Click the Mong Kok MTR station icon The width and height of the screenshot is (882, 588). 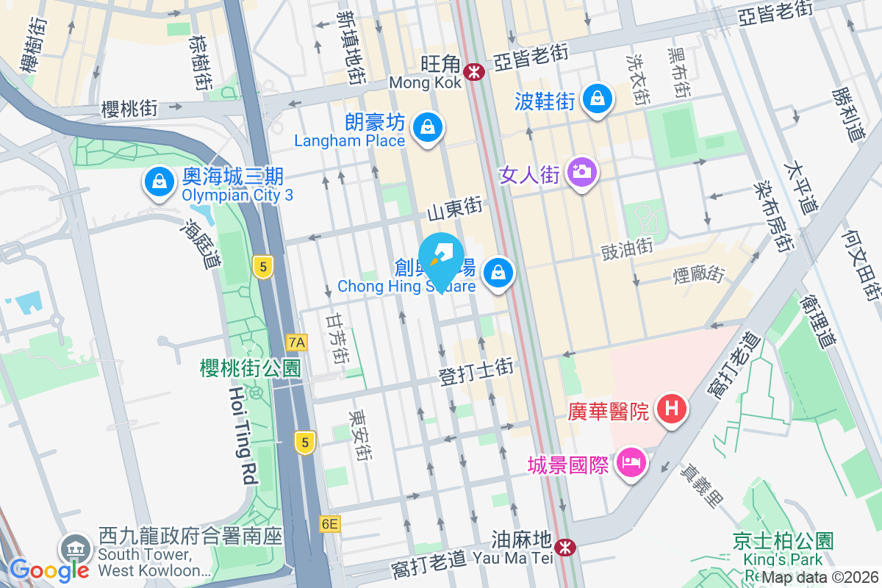pyautogui.click(x=474, y=71)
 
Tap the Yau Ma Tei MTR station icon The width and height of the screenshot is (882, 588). pyautogui.click(x=564, y=547)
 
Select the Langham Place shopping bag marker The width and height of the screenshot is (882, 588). pyautogui.click(x=426, y=127)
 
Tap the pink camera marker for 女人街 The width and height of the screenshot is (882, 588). pyautogui.click(x=582, y=173)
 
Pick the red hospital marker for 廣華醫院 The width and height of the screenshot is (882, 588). pyautogui.click(x=672, y=407)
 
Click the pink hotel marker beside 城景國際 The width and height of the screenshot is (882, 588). pyautogui.click(x=631, y=462)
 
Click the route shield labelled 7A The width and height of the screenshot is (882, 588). pyautogui.click(x=297, y=342)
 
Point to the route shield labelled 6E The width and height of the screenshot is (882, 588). pyautogui.click(x=330, y=524)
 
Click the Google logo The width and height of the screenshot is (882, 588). pyautogui.click(x=49, y=570)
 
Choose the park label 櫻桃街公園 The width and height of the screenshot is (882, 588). pyautogui.click(x=251, y=368)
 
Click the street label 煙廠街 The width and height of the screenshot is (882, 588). pyautogui.click(x=699, y=276)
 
